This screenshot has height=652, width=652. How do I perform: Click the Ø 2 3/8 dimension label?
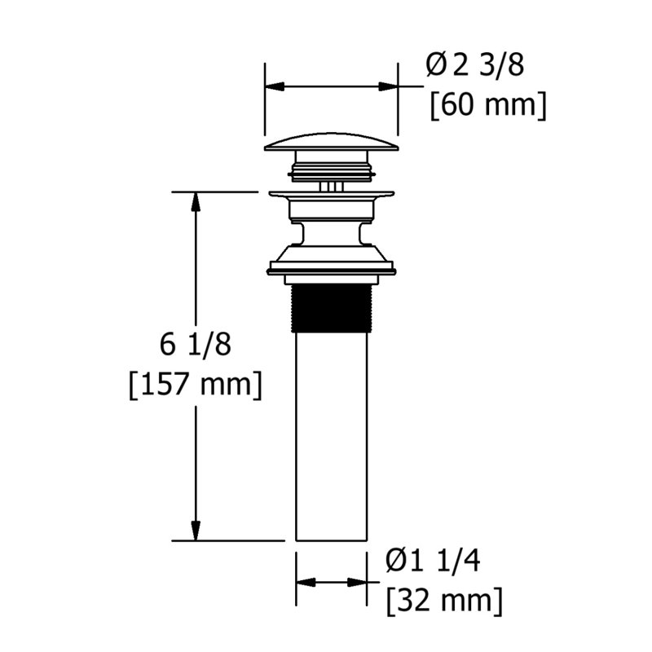tap(474, 65)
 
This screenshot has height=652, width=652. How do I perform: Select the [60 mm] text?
tap(487, 106)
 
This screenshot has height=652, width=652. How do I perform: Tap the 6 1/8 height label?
tap(196, 345)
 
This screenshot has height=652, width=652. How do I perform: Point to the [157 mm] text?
tap(196, 385)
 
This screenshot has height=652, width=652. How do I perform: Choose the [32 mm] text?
tap(444, 601)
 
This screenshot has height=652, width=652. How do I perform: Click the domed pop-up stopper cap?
tap(332, 142)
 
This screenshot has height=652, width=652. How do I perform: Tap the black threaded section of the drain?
tap(332, 308)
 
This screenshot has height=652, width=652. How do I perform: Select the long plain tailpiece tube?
tap(332, 436)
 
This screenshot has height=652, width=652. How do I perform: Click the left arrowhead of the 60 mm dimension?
tap(275, 86)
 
